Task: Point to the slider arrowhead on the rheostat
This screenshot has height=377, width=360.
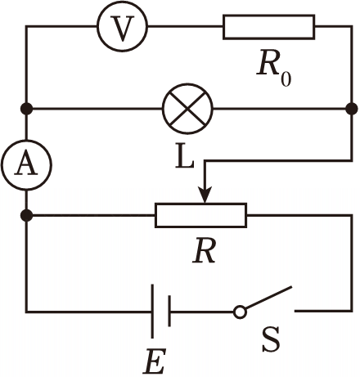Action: tap(205, 195)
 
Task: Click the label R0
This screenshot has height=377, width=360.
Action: tap(273, 68)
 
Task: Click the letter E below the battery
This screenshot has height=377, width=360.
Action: tap(155, 361)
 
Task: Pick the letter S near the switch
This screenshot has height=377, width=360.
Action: tap(271, 339)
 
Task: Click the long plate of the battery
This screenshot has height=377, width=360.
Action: tap(152, 312)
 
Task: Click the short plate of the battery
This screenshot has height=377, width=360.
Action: tap(169, 311)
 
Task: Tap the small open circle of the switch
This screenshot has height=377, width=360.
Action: tap(240, 312)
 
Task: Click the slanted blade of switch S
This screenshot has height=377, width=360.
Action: tap(268, 298)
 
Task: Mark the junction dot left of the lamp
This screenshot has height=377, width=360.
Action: tap(26, 109)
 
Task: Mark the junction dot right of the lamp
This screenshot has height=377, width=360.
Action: tap(352, 109)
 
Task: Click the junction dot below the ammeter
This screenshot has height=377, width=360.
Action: tap(26, 216)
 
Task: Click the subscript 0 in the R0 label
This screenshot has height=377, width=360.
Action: tap(286, 79)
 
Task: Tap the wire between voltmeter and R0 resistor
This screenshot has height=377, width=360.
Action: tap(186, 26)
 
